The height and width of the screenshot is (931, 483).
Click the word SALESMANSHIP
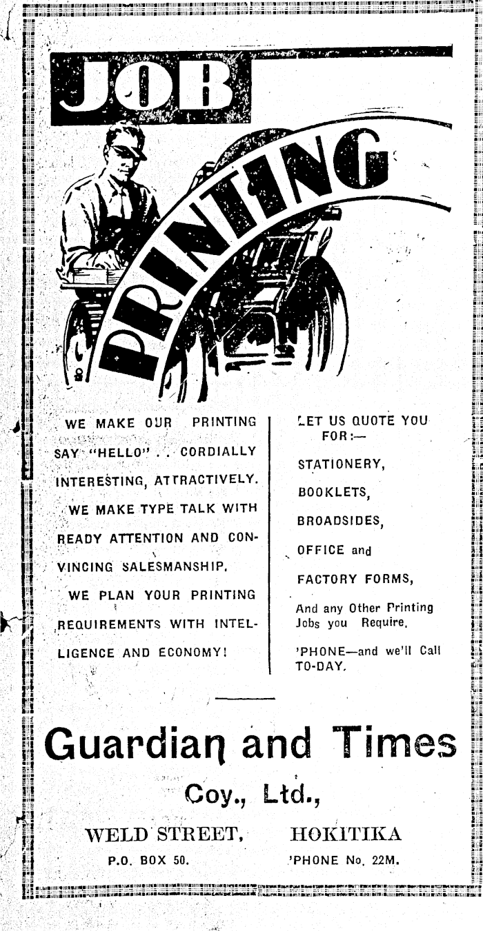click(175, 567)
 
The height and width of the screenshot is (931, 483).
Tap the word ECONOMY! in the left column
click(193, 652)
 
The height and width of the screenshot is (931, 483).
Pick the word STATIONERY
click(341, 464)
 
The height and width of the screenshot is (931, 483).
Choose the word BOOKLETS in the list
click(334, 493)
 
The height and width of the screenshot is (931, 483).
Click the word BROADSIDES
click(340, 521)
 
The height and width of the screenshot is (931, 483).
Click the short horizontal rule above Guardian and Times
click(245, 698)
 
